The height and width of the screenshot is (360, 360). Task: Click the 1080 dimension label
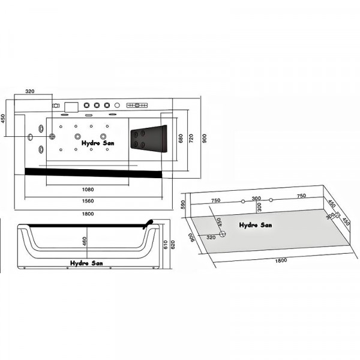point(88,190)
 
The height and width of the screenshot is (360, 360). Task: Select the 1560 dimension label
point(88,201)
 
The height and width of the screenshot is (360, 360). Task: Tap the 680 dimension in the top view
point(181,139)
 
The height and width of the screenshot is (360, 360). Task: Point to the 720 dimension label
point(191,139)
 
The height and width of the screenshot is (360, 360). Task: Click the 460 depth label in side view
point(85,241)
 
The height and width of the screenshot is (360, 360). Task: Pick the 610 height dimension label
point(166,245)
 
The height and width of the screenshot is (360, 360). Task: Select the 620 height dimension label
point(173,245)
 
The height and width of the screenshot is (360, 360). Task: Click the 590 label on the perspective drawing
point(183,205)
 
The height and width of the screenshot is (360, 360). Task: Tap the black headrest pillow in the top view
point(149,139)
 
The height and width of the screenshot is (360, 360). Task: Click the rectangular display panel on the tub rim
point(71,107)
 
